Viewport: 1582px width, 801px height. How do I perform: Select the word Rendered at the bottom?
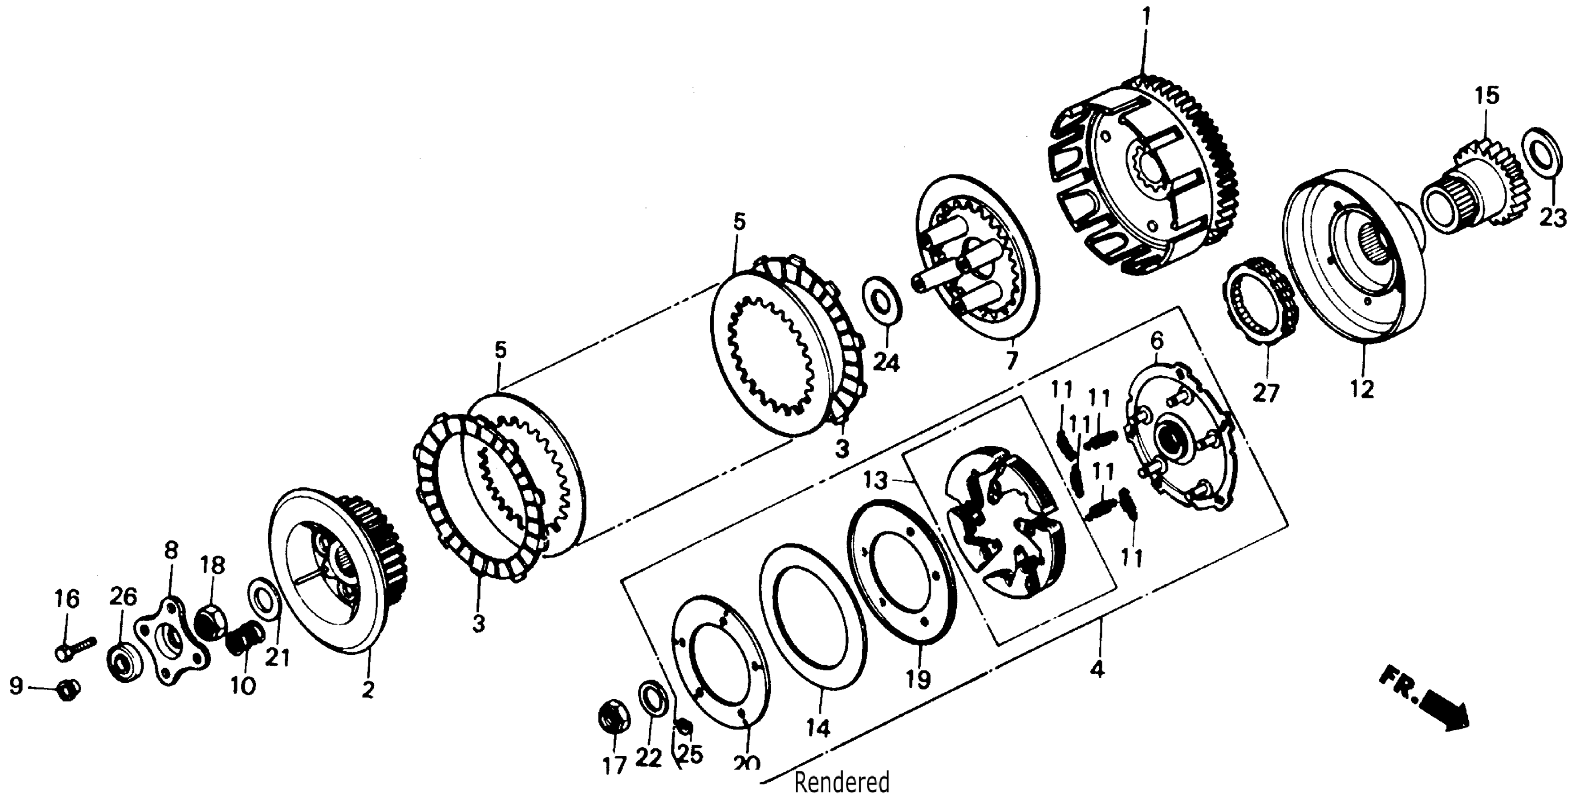(841, 783)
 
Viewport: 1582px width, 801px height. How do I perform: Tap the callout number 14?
(819, 728)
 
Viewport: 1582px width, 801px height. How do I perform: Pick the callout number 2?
(367, 689)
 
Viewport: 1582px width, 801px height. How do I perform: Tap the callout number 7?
(1012, 360)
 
